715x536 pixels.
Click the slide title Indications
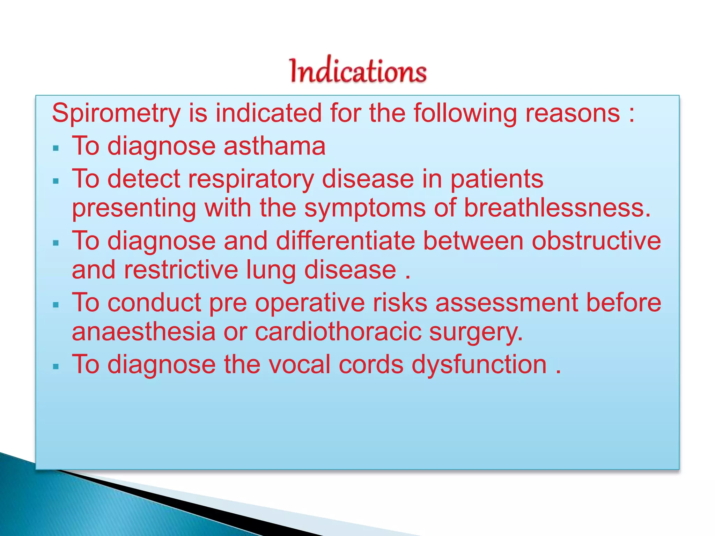coord(358,71)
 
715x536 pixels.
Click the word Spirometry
coord(116,113)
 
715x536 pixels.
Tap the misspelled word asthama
coord(274,146)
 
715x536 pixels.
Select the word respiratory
coord(251,179)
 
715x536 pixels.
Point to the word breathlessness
coord(557,208)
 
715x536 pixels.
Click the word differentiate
coord(345,241)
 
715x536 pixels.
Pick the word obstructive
coord(596,241)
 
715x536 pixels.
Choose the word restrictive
coord(180,270)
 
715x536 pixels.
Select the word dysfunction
coord(479,365)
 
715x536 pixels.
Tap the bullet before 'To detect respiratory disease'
coord(56,181)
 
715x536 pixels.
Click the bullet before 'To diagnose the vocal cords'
coord(56,367)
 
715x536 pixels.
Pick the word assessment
coord(507,303)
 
